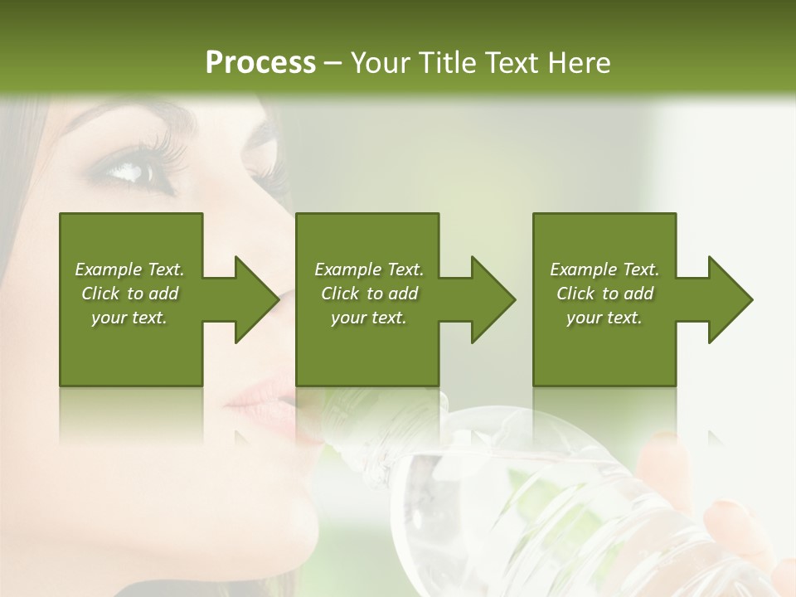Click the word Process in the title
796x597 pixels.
(x=260, y=62)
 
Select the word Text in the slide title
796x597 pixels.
(x=512, y=62)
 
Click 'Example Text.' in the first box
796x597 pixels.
(x=129, y=269)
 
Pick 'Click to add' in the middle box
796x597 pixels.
(x=369, y=294)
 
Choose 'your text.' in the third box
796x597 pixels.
(x=604, y=318)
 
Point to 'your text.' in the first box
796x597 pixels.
(x=129, y=318)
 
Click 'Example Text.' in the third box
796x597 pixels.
(x=604, y=269)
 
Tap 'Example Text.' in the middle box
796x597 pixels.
(x=369, y=269)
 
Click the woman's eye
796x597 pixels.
(x=133, y=170)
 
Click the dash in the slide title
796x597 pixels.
(x=332, y=63)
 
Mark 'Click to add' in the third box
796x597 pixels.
(x=604, y=294)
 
